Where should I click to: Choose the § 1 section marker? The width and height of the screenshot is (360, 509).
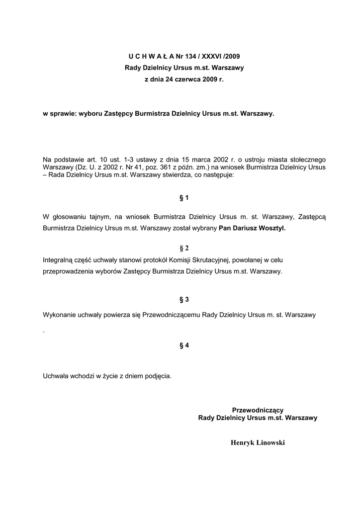184,198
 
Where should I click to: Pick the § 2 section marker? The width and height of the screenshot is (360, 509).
184,248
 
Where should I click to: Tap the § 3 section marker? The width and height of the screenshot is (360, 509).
184,299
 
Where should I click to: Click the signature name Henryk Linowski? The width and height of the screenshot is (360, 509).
258,442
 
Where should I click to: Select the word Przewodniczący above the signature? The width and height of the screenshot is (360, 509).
258,410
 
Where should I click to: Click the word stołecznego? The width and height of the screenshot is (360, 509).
308,160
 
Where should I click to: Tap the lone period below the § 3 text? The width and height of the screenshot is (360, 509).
44,332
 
